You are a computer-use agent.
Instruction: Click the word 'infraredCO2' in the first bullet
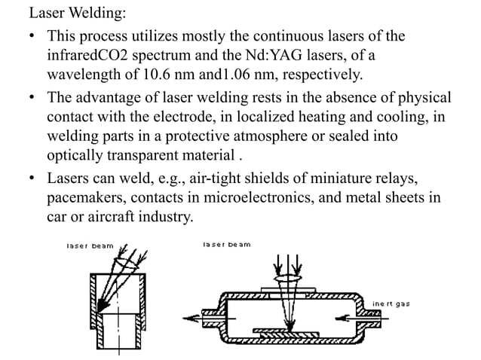point(95,55)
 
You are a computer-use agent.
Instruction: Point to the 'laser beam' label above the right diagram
point(227,245)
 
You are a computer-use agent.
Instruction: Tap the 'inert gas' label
point(391,304)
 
